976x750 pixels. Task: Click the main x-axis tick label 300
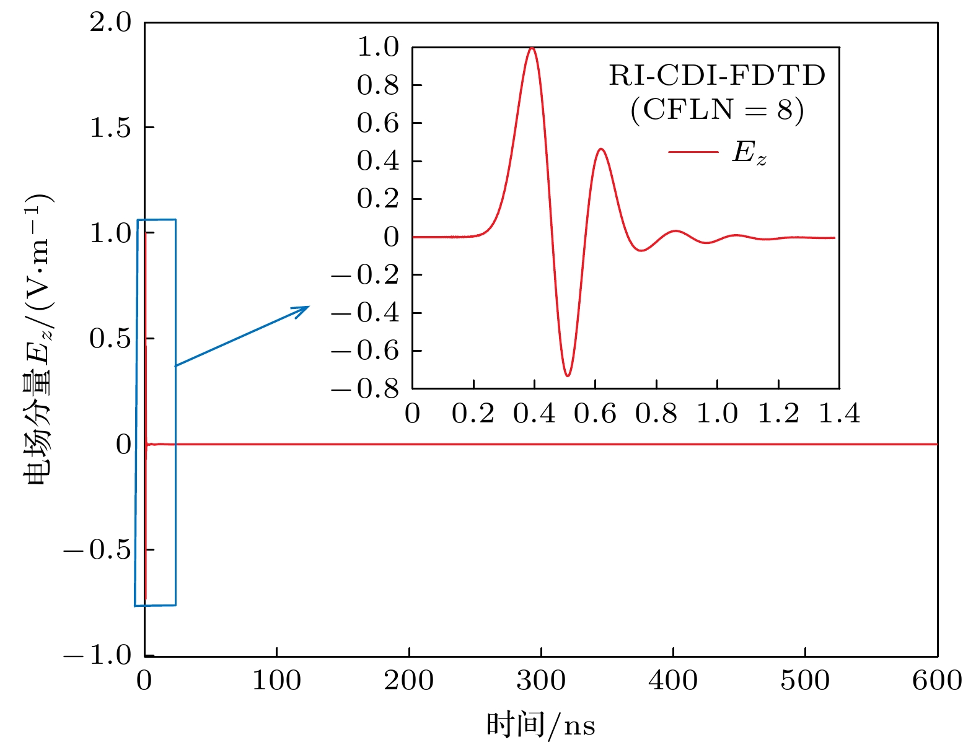(540, 681)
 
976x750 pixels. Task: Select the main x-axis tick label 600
(936, 681)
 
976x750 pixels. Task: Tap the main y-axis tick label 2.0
(110, 23)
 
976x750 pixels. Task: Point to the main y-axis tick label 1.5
(110, 128)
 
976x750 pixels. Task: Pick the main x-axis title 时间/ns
(540, 725)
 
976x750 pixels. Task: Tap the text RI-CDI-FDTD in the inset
(717, 76)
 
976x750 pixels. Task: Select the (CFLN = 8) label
(717, 110)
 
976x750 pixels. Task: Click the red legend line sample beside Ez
(693, 152)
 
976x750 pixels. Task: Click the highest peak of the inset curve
(532, 48)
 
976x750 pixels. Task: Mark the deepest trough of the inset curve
(567, 375)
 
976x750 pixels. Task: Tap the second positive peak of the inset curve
(600, 149)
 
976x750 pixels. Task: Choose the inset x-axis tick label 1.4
(839, 413)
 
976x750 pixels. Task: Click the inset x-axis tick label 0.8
(656, 413)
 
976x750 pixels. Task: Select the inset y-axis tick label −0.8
(366, 389)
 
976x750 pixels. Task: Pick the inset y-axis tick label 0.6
(377, 123)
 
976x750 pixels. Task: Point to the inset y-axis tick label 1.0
(377, 47)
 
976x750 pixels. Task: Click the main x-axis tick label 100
(276, 681)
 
